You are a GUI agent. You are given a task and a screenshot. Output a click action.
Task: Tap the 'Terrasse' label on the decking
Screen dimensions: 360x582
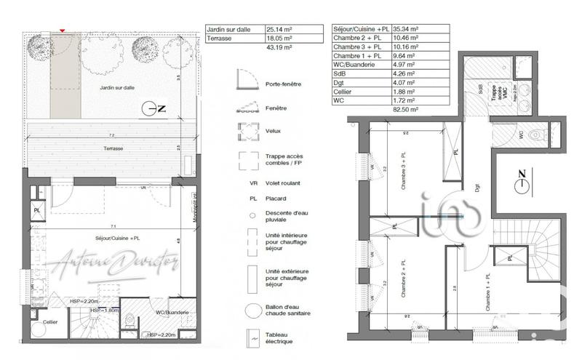pyautogui.click(x=113, y=148)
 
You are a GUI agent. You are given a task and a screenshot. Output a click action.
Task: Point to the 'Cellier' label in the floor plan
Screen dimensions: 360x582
pyautogui.click(x=50, y=321)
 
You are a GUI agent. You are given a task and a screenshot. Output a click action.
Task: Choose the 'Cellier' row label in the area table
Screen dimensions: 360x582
pyautogui.click(x=345, y=91)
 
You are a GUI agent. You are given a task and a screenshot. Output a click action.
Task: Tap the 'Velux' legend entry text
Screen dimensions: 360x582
pyautogui.click(x=274, y=132)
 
